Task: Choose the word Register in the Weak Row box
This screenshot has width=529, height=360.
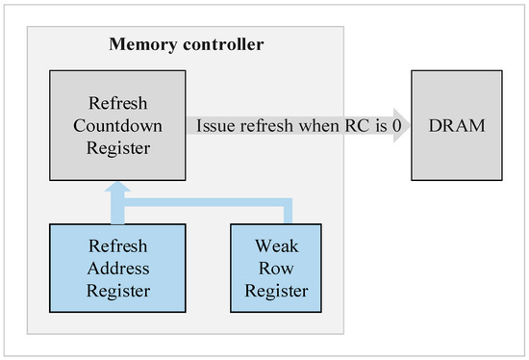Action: click(x=273, y=291)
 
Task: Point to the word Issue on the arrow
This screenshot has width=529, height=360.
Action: click(x=214, y=126)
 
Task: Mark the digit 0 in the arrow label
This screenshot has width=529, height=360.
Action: click(x=395, y=126)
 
